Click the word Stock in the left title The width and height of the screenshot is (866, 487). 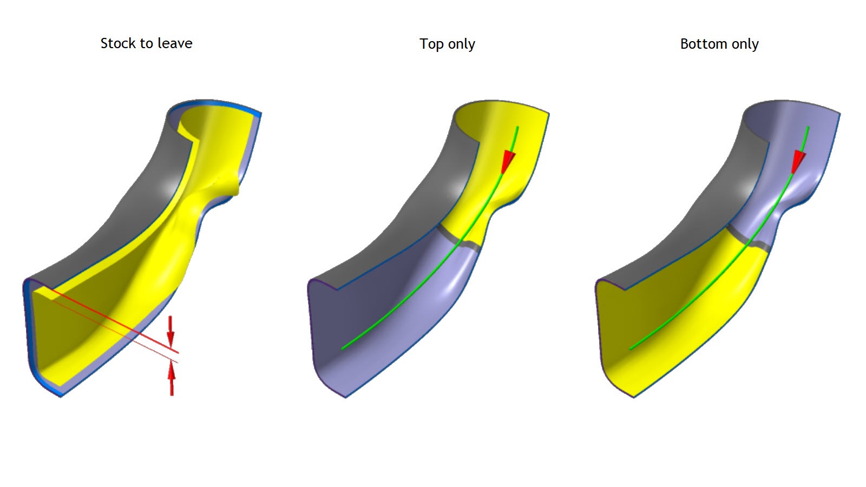[118, 43]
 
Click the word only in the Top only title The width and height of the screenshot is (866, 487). [462, 44]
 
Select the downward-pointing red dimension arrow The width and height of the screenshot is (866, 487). [170, 331]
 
